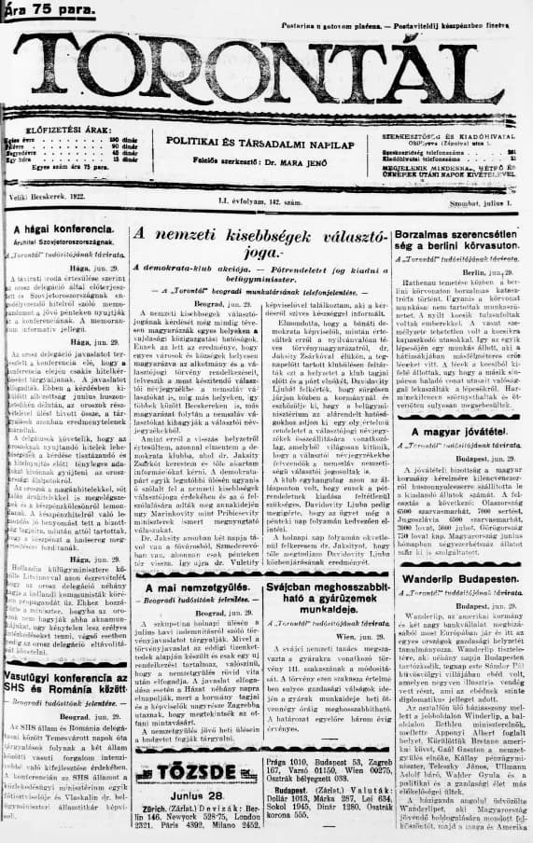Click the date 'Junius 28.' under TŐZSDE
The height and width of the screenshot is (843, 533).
point(194,794)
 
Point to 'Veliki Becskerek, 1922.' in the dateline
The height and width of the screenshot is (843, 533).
point(46,199)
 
